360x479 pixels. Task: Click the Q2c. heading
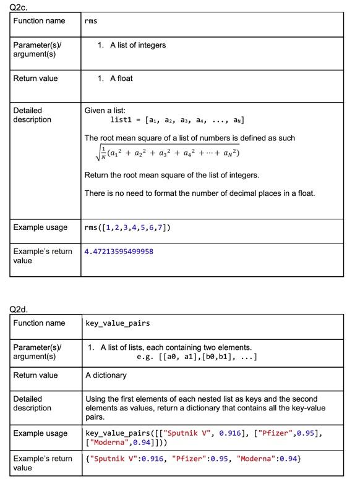tap(19, 6)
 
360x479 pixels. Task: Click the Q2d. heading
tap(19, 308)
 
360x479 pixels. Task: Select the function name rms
tap(91, 21)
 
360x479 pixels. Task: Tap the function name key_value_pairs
tap(117, 323)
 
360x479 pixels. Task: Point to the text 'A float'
tap(121, 78)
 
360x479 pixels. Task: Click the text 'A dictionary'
tap(106, 375)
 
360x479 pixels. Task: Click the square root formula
tap(162, 153)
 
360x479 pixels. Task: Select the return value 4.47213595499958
tap(119, 252)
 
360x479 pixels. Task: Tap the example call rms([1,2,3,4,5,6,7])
tap(127, 227)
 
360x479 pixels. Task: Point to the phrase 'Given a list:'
tap(105, 110)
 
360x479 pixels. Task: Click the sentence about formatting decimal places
tap(199, 193)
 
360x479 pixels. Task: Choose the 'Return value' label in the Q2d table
tap(35, 375)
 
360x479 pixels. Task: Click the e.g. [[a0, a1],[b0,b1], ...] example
tap(196, 357)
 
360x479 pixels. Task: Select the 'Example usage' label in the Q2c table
tap(40, 227)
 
